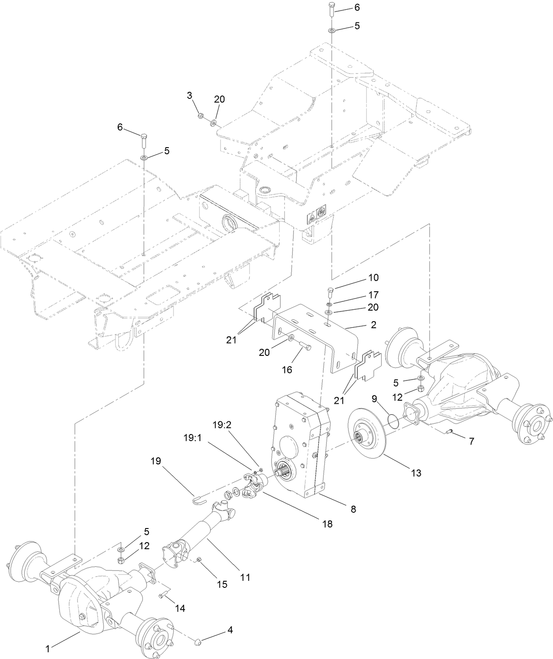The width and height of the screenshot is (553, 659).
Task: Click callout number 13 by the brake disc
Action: pyautogui.click(x=416, y=473)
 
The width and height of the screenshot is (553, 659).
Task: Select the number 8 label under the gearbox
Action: pyautogui.click(x=353, y=509)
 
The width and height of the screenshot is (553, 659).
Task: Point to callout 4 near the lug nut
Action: pyautogui.click(x=229, y=630)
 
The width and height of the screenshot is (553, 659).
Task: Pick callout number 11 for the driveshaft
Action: pyautogui.click(x=245, y=577)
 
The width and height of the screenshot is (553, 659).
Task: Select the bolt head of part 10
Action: pyautogui.click(x=331, y=289)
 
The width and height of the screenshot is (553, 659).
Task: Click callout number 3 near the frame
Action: pyautogui.click(x=189, y=95)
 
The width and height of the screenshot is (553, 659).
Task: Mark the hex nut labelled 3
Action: pyautogui.click(x=199, y=116)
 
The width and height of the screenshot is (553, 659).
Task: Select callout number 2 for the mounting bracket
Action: pyautogui.click(x=374, y=325)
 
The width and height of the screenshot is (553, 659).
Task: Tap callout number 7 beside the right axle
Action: pyautogui.click(x=471, y=442)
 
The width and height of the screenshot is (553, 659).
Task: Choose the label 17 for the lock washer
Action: pyautogui.click(x=373, y=295)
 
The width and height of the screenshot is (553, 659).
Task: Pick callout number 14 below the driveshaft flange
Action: pyautogui.click(x=179, y=608)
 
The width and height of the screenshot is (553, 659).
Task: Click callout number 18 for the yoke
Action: pyautogui.click(x=327, y=524)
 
